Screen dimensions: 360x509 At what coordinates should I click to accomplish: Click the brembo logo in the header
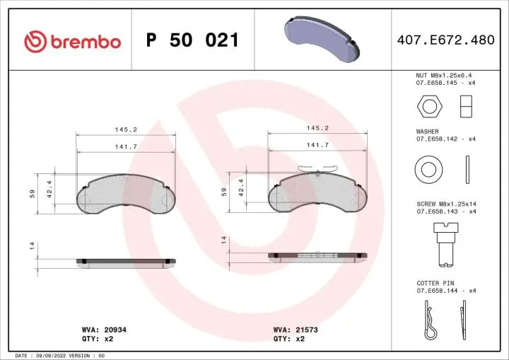click(x=73, y=41)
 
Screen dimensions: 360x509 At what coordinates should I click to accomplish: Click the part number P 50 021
click(x=192, y=40)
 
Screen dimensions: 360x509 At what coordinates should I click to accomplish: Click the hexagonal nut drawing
click(x=426, y=107)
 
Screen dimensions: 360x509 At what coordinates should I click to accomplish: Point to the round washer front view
click(x=428, y=169)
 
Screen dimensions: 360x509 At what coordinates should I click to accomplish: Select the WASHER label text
click(x=427, y=132)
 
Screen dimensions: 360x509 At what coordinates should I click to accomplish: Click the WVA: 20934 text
click(x=104, y=330)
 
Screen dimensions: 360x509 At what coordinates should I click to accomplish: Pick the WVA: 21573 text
click(x=296, y=330)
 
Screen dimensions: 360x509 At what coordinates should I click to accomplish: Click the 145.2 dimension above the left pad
click(x=125, y=129)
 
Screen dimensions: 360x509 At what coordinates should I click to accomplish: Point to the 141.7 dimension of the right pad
click(x=317, y=145)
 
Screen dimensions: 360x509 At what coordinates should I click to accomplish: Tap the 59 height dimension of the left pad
click(x=33, y=193)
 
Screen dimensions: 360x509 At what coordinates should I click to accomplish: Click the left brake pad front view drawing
click(x=125, y=195)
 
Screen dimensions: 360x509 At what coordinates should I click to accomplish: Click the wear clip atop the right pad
click(x=317, y=166)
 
